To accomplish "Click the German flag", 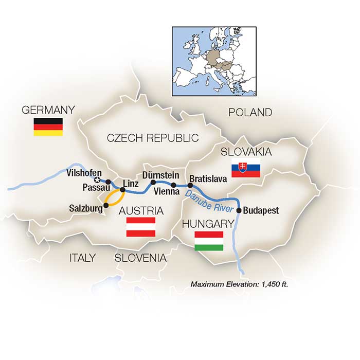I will pos(48,127).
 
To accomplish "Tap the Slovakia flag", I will pos(245,169).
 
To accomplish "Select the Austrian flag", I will pos(141,227).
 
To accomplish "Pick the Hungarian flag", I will pos(209,241).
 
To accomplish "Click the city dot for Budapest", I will pos(239,210).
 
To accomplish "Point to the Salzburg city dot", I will pos(106,205).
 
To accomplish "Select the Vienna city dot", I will pos(174,185).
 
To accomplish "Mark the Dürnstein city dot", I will pos(153,182).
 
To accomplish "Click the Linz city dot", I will pos(122,190).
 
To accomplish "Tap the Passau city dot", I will pos(108,181).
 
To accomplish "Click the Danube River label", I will pos(211,202).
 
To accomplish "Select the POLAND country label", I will pos(250,112).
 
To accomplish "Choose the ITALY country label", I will pos(82,258).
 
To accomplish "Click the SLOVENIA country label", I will pos(140,258).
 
